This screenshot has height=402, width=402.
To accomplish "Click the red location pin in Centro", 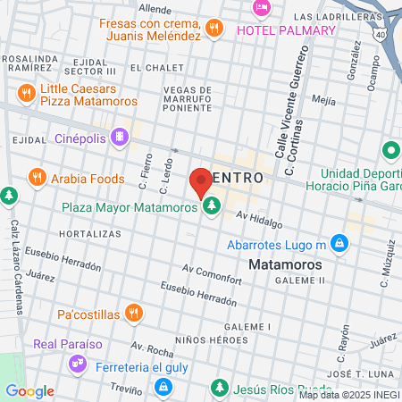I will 201,181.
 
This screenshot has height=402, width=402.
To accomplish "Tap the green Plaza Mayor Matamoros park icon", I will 212,207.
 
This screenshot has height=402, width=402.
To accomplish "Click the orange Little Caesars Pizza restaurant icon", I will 26,92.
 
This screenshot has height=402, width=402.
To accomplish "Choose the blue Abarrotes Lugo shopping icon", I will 339,243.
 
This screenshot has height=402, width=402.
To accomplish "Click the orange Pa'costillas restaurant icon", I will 133,312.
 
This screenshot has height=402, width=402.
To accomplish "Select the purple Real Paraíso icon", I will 77,364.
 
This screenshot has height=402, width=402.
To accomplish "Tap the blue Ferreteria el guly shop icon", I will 163,387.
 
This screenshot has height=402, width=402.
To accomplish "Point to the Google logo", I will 29,391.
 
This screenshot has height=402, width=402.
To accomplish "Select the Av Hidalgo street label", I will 259,220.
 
